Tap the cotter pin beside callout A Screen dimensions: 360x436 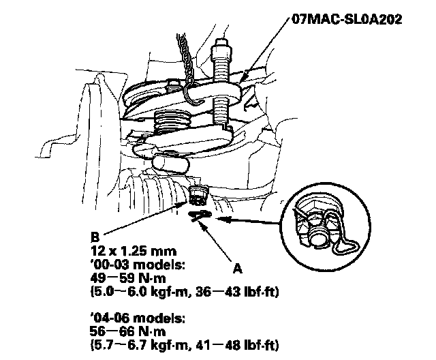coord(199,215)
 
